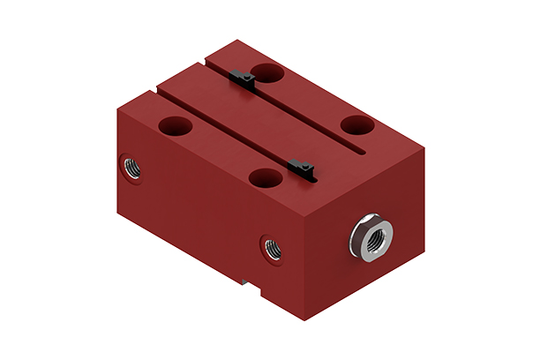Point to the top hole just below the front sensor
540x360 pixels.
[x=265, y=177]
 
